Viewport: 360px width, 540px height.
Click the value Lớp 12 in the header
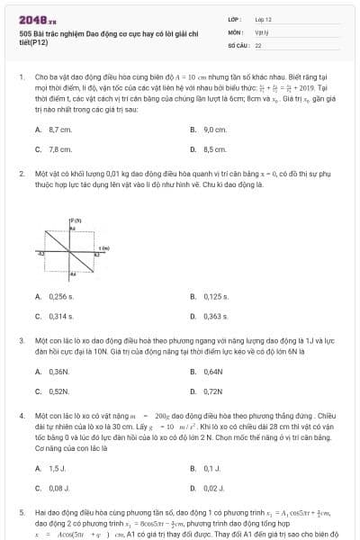[264, 18]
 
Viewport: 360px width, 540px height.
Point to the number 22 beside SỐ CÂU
[259, 43]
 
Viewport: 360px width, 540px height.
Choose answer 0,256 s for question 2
[62, 296]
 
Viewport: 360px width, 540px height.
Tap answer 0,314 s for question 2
[62, 315]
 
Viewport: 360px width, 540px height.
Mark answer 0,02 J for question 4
[213, 487]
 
